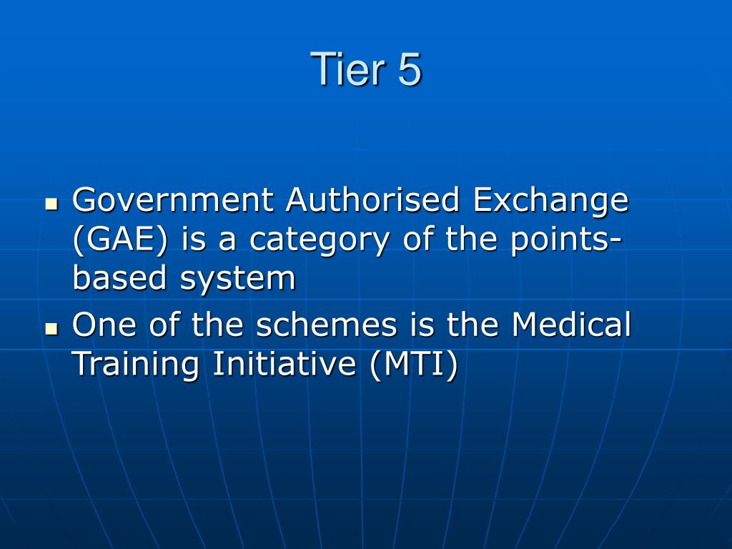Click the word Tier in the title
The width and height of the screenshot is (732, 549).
coord(340,70)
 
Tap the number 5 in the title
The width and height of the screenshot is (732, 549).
coord(410,70)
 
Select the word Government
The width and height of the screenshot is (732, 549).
coord(172,200)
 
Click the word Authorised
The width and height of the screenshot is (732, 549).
coord(372,200)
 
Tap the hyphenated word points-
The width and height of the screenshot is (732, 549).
coord(565,240)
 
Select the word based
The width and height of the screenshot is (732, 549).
coord(119,278)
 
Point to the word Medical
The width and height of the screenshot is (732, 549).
coord(571,325)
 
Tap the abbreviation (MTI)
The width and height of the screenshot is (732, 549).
coord(413,365)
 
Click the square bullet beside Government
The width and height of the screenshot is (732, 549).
coord(51,203)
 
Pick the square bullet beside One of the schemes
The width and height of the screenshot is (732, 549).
coord(51,328)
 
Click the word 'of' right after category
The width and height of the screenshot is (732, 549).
coord(418,240)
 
